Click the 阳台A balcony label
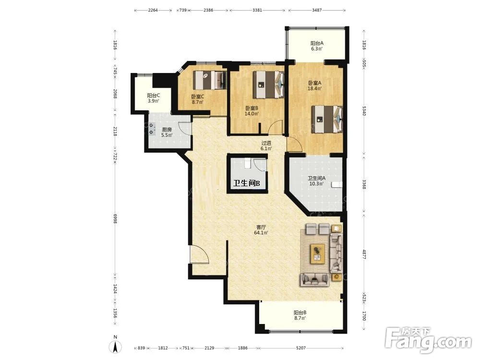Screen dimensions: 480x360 coord(317,46)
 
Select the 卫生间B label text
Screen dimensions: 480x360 coord(246,183)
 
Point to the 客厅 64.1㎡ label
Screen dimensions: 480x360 coord(261,230)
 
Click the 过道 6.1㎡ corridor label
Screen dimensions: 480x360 coord(266,146)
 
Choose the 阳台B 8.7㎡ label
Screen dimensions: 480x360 coord(300,315)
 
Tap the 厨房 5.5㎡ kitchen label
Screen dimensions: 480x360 coord(167,132)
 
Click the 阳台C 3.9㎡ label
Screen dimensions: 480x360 coord(154,98)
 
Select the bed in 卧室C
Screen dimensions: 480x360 coord(210,80)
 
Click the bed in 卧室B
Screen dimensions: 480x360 coord(268,84)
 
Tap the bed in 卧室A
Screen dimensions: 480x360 coord(327,119)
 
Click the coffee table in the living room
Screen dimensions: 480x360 coord(318,254)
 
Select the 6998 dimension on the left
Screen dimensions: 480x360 coord(115,218)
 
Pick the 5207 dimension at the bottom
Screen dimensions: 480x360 coord(301,348)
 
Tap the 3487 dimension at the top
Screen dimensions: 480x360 coord(317,10)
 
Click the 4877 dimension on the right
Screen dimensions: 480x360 coord(364,254)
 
